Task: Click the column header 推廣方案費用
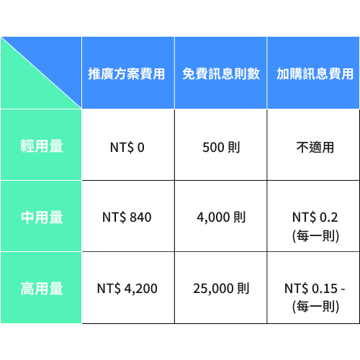pos(127,73)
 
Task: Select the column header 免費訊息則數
pos(221,73)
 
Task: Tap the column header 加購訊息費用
pos(315,73)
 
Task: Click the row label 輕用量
pos(42,146)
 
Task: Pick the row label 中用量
pos(42,217)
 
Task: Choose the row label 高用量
pos(42,289)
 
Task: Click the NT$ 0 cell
pos(127,148)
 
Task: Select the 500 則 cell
pos(221,148)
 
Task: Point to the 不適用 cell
pos(315,148)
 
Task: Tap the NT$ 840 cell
pos(127,217)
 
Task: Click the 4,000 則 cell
pos(221,217)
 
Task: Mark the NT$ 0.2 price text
pos(315,217)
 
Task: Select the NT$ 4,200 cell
pos(127,289)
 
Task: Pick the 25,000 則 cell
pos(221,289)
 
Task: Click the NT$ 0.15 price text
pos(315,289)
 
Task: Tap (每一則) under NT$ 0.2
pos(315,236)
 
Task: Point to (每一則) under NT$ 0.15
pos(315,307)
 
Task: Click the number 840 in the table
pos(140,217)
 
